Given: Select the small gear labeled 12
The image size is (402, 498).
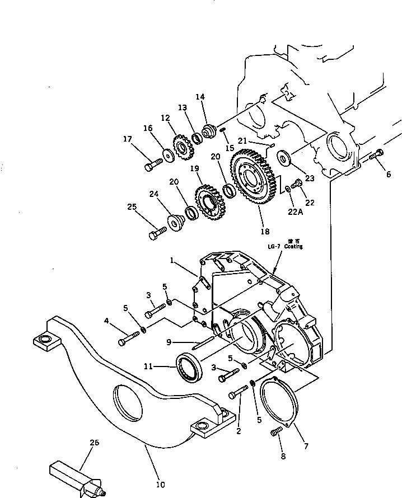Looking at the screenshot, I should (180, 148).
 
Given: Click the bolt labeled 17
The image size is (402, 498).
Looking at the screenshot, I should (153, 165).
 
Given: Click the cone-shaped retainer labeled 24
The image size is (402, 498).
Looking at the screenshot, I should (175, 222).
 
